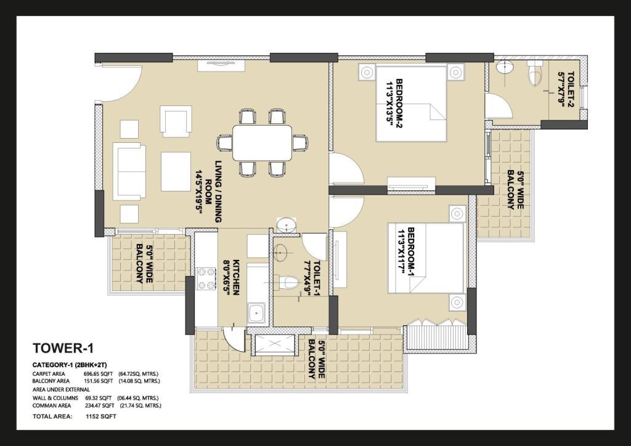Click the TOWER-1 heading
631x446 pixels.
[63, 348]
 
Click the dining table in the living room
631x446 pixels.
[263, 143]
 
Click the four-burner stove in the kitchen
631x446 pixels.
[206, 279]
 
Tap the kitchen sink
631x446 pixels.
[257, 312]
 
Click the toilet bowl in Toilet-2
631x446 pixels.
[534, 73]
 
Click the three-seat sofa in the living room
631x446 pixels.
[129, 172]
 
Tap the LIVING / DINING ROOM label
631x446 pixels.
[208, 192]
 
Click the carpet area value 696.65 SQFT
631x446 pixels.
[99, 374]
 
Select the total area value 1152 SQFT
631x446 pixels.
[101, 416]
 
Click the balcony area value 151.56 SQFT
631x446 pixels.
[99, 381]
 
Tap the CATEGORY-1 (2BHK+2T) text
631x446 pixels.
[70, 365]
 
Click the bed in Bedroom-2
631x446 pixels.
[411, 103]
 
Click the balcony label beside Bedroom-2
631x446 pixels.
[515, 190]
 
